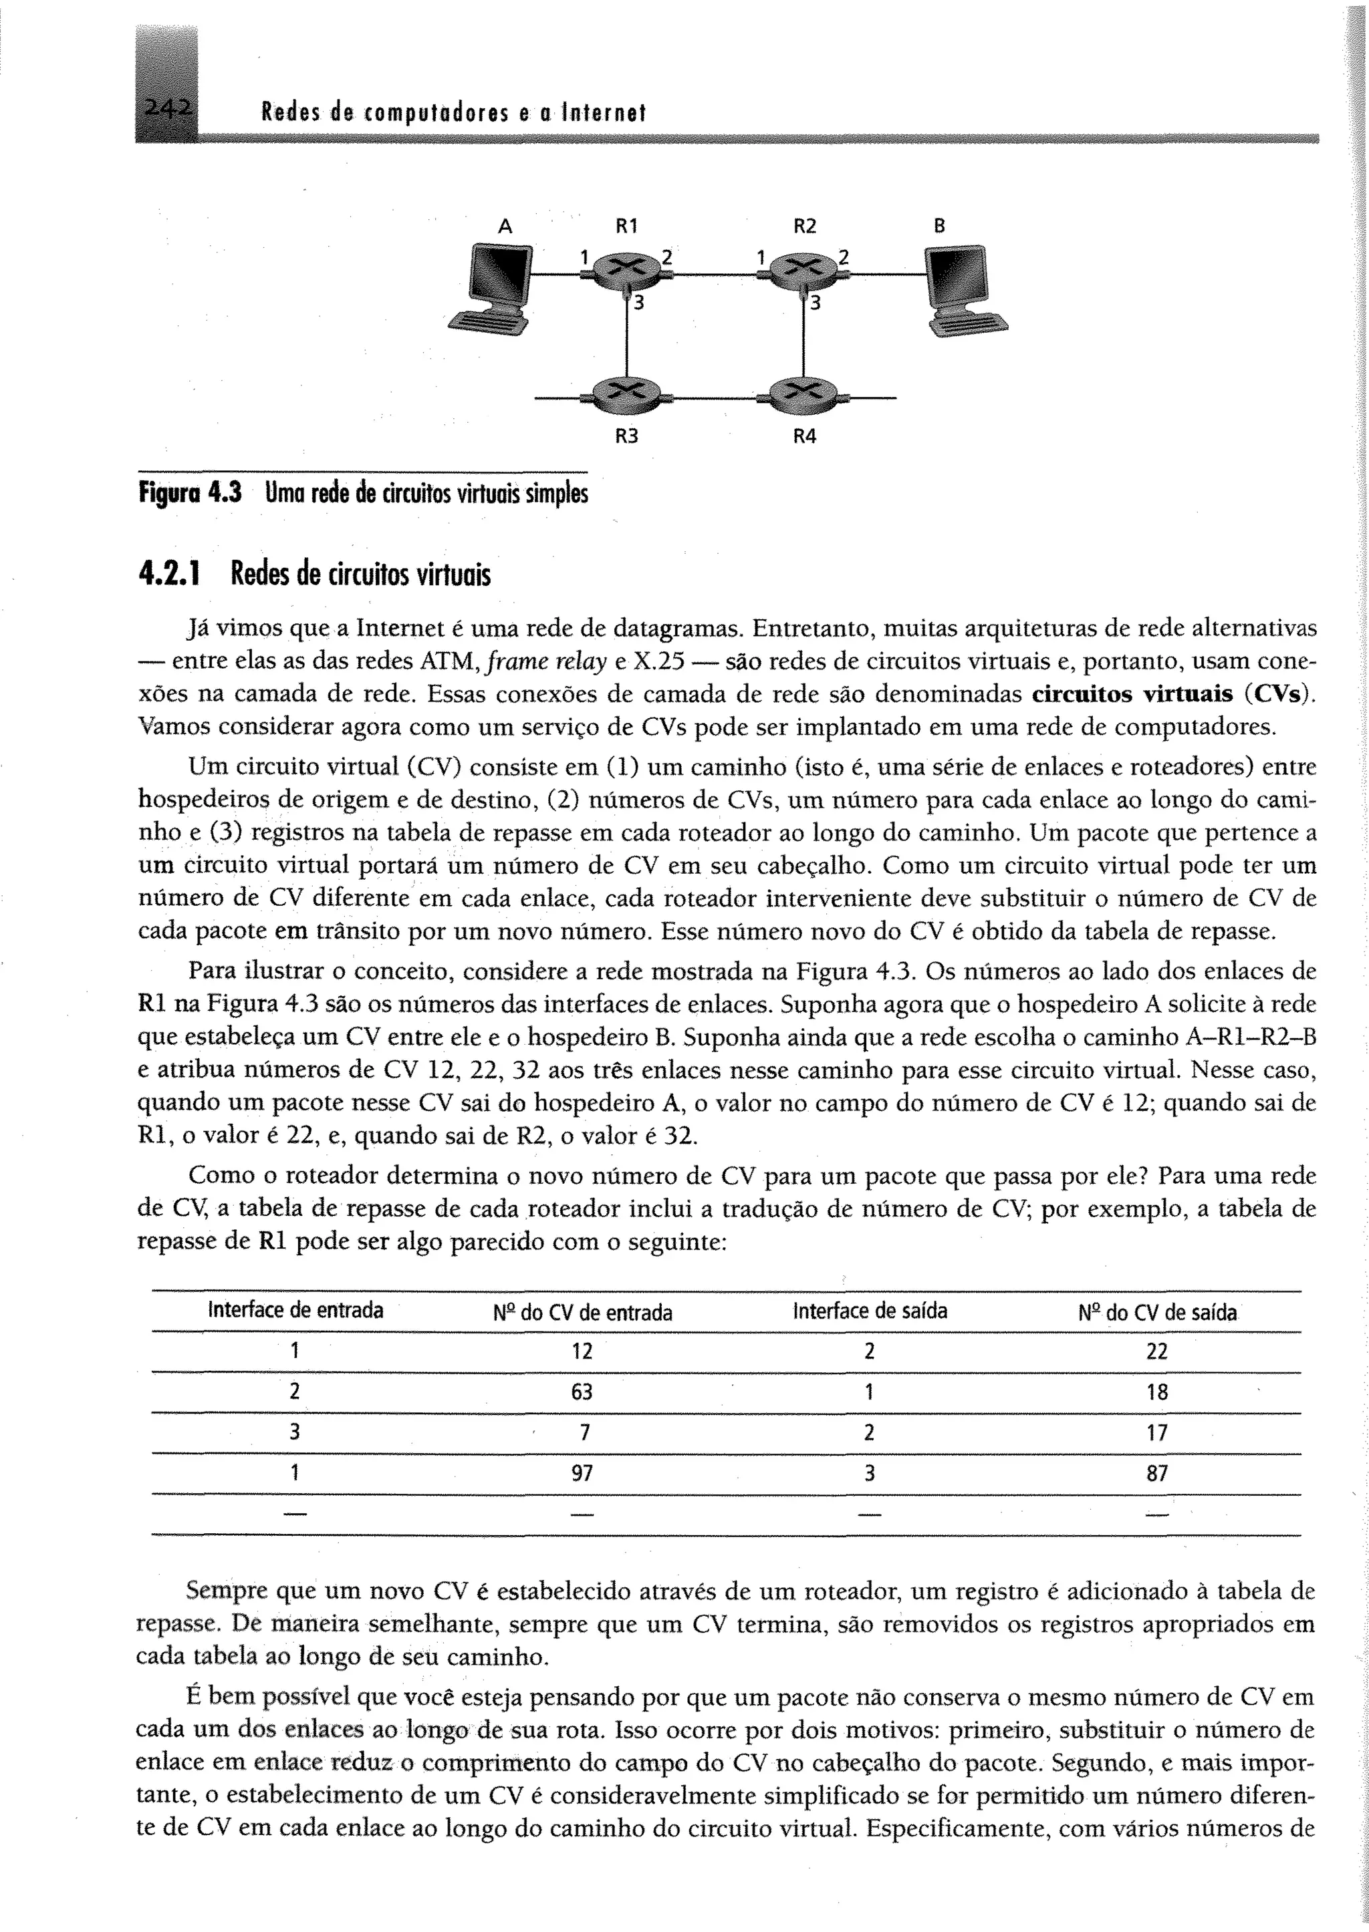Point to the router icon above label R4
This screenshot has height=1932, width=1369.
803,394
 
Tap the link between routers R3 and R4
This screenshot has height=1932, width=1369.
715,397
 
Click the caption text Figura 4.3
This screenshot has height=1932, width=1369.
190,493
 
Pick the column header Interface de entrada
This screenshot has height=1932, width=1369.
295,1310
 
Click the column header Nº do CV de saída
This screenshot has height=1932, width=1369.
1156,1313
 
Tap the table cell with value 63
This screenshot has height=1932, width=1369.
582,1392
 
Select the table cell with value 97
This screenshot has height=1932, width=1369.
582,1474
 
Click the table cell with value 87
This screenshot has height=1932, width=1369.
1156,1474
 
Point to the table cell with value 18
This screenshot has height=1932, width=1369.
1156,1392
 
